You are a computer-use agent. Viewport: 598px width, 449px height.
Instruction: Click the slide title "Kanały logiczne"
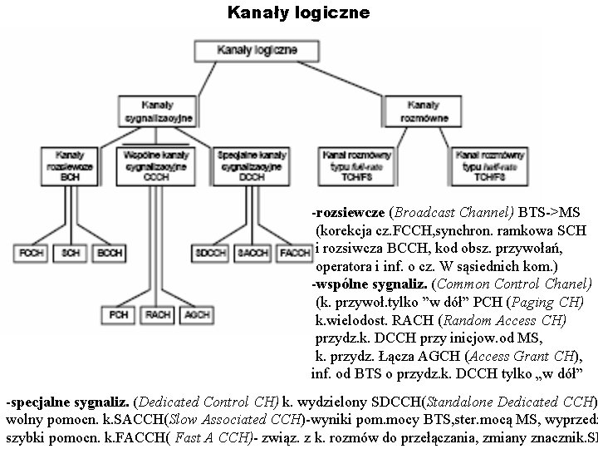click(x=298, y=14)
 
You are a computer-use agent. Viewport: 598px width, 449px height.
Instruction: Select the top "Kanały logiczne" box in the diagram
click(x=257, y=51)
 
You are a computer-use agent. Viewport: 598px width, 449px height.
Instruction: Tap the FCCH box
click(x=32, y=251)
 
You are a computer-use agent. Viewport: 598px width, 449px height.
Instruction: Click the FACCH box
click(x=295, y=251)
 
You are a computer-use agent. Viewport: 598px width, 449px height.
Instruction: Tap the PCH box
click(x=117, y=315)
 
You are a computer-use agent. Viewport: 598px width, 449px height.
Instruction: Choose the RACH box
click(x=157, y=315)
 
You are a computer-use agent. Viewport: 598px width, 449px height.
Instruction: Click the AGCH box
click(x=197, y=315)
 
